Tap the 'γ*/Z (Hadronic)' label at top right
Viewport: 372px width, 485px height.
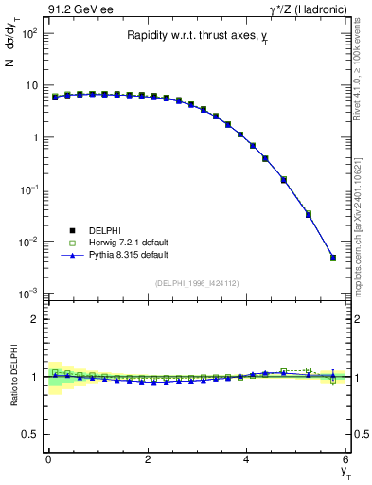coord(306,9)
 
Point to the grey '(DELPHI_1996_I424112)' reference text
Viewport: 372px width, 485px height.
coord(196,282)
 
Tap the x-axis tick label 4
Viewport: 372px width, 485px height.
coord(247,459)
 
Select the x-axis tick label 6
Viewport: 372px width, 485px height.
coord(346,459)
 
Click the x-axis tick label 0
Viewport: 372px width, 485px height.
coord(48,459)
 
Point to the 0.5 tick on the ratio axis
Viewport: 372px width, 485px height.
coord(31,434)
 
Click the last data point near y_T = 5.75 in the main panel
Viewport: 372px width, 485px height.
coord(333,258)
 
